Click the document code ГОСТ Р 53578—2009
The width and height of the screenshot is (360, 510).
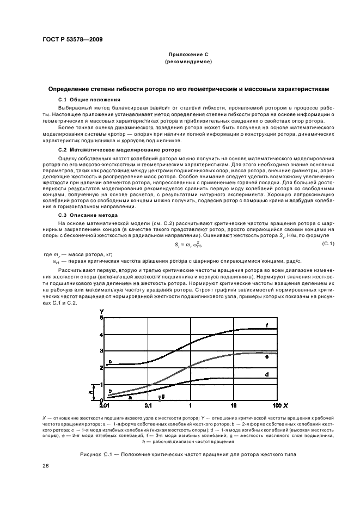pos(72,39)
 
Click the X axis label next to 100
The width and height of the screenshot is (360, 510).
pos(285,406)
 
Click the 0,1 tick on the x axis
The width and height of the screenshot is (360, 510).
pos(148,406)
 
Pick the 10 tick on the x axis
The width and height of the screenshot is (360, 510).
pos(234,406)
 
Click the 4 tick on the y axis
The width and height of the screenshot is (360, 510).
pos(101,334)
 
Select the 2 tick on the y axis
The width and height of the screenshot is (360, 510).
pos(101,367)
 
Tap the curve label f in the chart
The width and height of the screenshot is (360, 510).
pos(267,325)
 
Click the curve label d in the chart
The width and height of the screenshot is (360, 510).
pos(267,375)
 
